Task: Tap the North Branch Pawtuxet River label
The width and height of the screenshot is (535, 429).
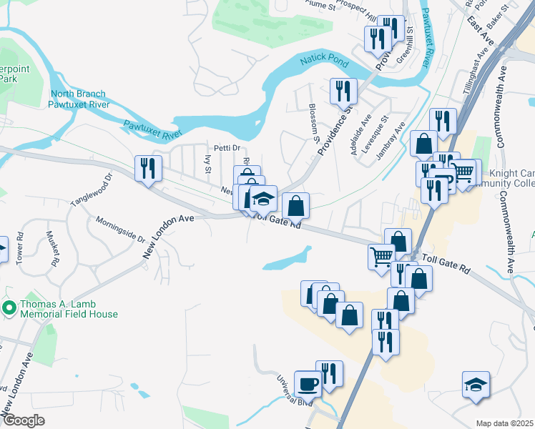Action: (78, 99)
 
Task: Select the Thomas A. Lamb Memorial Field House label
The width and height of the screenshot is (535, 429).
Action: (69, 308)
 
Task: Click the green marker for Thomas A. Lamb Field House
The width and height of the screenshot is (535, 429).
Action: (9, 308)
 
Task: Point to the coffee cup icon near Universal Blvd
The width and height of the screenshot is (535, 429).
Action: (308, 383)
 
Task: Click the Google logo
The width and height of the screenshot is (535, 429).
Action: (24, 420)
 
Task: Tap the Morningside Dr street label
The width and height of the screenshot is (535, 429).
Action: (120, 230)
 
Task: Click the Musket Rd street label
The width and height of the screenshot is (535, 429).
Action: (51, 249)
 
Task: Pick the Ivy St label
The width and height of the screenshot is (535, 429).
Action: (208, 164)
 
